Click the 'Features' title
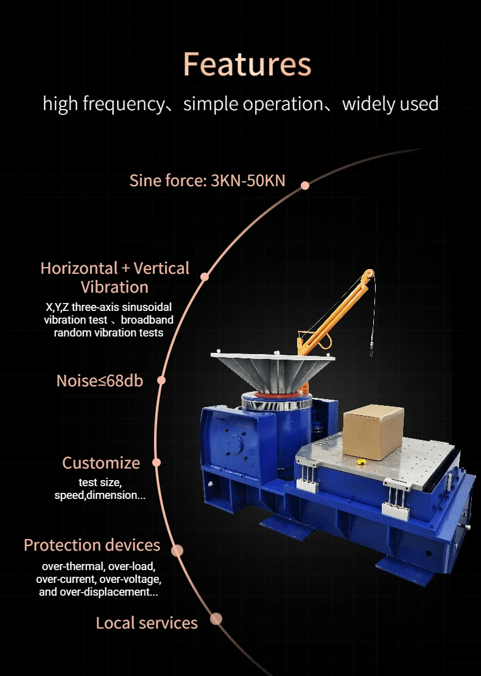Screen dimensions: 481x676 coord(247,64)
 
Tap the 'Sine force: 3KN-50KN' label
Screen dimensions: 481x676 coord(207,181)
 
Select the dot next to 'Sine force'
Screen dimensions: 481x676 coord(305,185)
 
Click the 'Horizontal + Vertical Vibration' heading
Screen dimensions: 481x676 coord(114,277)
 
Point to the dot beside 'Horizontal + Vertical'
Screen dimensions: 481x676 coord(205,277)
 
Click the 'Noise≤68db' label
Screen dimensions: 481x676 coord(100,381)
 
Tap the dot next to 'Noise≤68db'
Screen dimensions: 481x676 coord(161,380)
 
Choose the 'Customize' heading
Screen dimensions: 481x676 coord(101,463)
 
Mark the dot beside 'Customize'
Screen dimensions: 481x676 coord(156,462)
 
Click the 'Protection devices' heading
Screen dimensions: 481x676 coord(92,545)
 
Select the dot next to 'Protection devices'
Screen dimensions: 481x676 coord(177,551)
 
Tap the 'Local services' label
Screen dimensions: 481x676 coord(147,623)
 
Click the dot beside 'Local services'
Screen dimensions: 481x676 coord(216,619)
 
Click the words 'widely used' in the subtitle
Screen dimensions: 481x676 coord(390,104)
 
